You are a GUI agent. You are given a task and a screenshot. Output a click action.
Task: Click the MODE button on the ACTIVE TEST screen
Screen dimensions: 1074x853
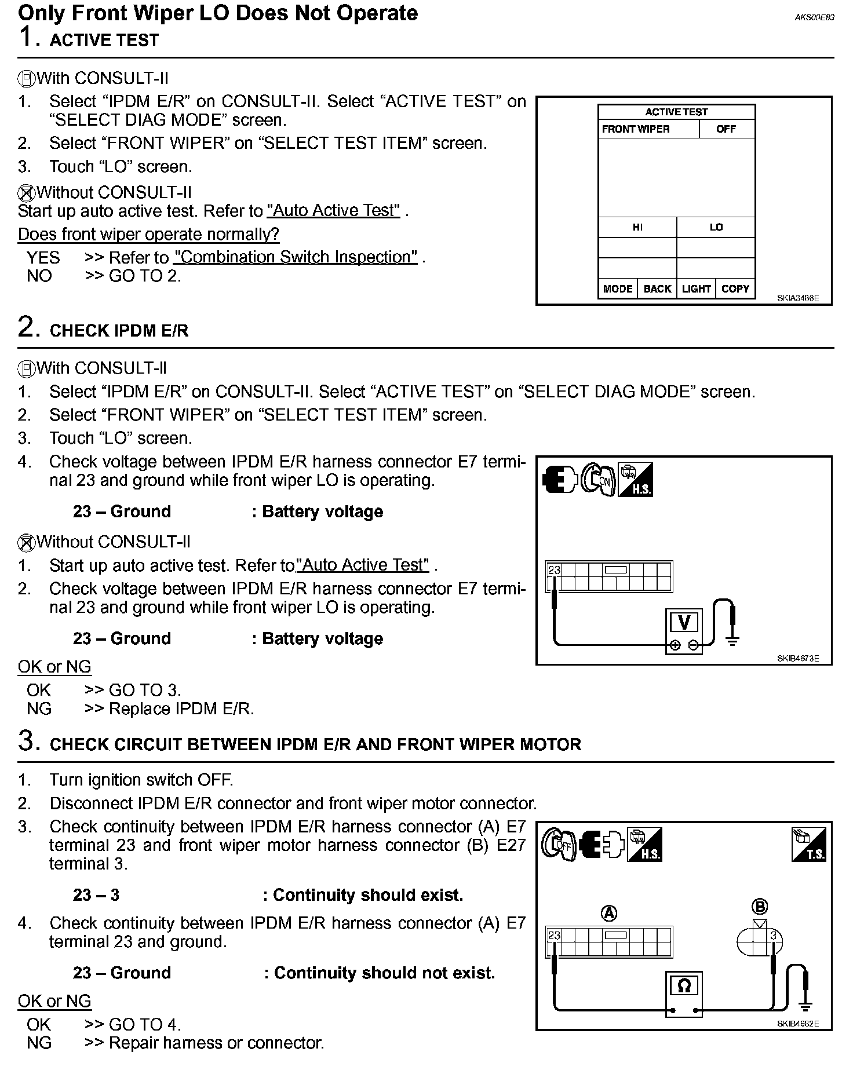pos(617,288)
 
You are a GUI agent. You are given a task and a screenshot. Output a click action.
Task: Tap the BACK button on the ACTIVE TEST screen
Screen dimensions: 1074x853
pos(657,288)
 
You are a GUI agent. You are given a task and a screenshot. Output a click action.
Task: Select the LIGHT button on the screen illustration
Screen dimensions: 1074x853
pos(696,288)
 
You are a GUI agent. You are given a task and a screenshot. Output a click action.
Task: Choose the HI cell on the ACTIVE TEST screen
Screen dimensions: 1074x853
pos(637,227)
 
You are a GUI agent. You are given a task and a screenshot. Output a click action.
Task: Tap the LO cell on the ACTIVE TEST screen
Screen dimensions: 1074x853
pos(716,227)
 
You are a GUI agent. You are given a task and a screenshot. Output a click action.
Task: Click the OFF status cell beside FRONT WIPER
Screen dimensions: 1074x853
pos(726,129)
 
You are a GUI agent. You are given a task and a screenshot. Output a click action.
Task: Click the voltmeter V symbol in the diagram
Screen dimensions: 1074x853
pos(684,623)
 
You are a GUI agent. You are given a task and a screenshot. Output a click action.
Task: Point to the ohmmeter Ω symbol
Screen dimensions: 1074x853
pos(684,985)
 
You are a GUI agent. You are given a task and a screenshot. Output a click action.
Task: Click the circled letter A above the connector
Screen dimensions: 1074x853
pos(609,914)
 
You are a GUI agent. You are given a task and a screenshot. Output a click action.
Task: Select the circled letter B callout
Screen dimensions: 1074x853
pos(759,907)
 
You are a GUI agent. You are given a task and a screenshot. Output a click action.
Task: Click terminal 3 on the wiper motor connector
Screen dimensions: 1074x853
pos(772,935)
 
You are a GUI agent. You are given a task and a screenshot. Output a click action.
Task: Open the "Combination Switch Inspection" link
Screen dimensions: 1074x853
pos(296,257)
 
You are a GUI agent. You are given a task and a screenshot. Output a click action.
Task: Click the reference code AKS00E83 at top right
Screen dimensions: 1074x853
pos(814,17)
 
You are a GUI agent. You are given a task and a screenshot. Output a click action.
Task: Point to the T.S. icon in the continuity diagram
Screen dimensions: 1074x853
pos(808,844)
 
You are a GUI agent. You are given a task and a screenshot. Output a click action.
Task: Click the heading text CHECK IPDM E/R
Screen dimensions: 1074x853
pos(119,331)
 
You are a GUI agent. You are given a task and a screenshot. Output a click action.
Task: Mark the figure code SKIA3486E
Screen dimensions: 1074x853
pos(798,298)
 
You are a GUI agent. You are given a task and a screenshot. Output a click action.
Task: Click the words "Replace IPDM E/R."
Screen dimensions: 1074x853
pos(181,709)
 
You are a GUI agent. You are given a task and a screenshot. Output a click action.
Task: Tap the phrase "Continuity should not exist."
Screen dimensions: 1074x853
pos(384,973)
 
